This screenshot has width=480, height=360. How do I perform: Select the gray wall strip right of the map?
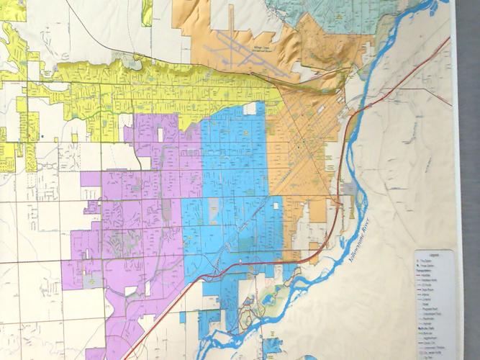coord(468,180)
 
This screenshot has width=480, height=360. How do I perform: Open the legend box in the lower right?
coord(434,302)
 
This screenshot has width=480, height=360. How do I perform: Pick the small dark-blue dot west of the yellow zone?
coord(42,135)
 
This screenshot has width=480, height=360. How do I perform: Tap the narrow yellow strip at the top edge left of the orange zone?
coord(147,11)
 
